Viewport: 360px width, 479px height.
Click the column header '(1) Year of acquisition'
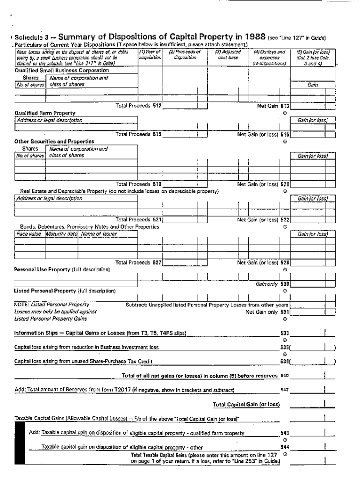click(x=150, y=55)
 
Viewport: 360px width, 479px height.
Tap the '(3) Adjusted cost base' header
click(x=228, y=55)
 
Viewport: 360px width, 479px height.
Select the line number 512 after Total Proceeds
click(x=157, y=106)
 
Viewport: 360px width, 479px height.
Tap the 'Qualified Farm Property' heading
click(x=45, y=113)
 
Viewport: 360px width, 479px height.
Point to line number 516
click(x=285, y=134)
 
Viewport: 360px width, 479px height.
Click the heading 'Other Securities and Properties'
click(x=54, y=141)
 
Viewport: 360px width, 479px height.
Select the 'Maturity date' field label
click(x=61, y=234)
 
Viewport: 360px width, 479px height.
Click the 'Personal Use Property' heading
click(x=42, y=269)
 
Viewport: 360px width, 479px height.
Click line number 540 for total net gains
click(x=284, y=376)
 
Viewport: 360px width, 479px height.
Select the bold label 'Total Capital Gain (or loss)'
click(x=246, y=405)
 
